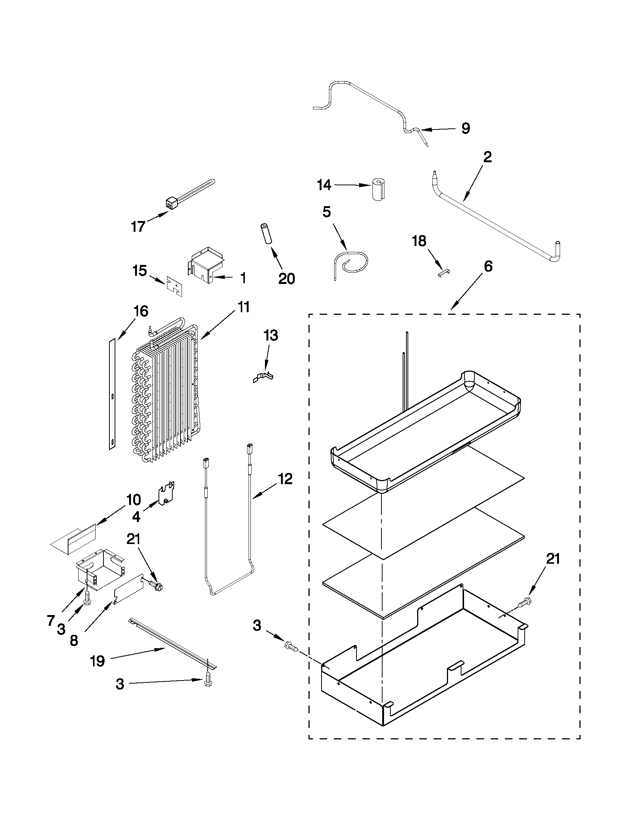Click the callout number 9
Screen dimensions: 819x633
(465, 129)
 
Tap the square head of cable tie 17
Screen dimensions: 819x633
(171, 203)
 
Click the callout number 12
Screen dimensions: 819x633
(285, 479)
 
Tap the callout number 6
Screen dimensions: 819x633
(488, 267)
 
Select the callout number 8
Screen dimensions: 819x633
(74, 640)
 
